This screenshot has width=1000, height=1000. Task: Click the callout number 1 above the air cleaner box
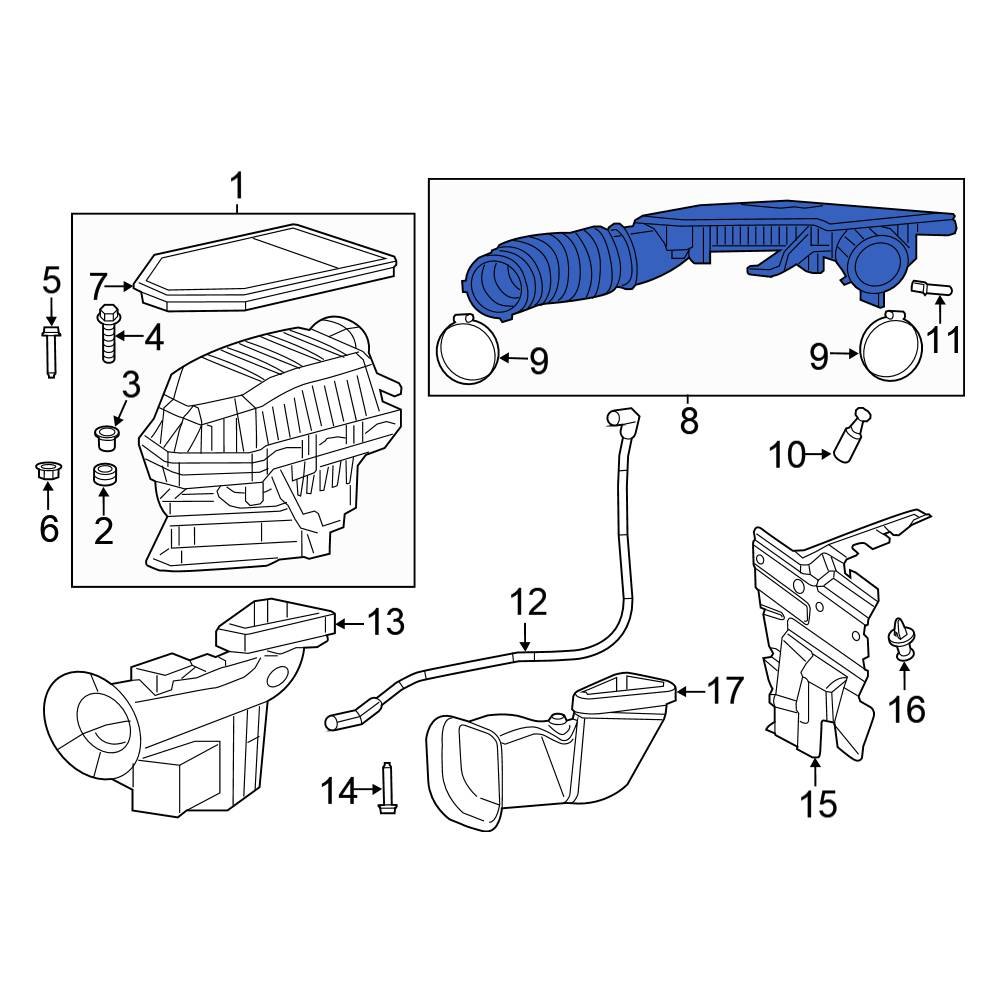(237, 186)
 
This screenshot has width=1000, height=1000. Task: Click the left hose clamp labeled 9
(469, 352)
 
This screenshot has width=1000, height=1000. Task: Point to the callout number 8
(688, 421)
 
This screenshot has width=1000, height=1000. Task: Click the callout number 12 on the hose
(528, 602)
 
